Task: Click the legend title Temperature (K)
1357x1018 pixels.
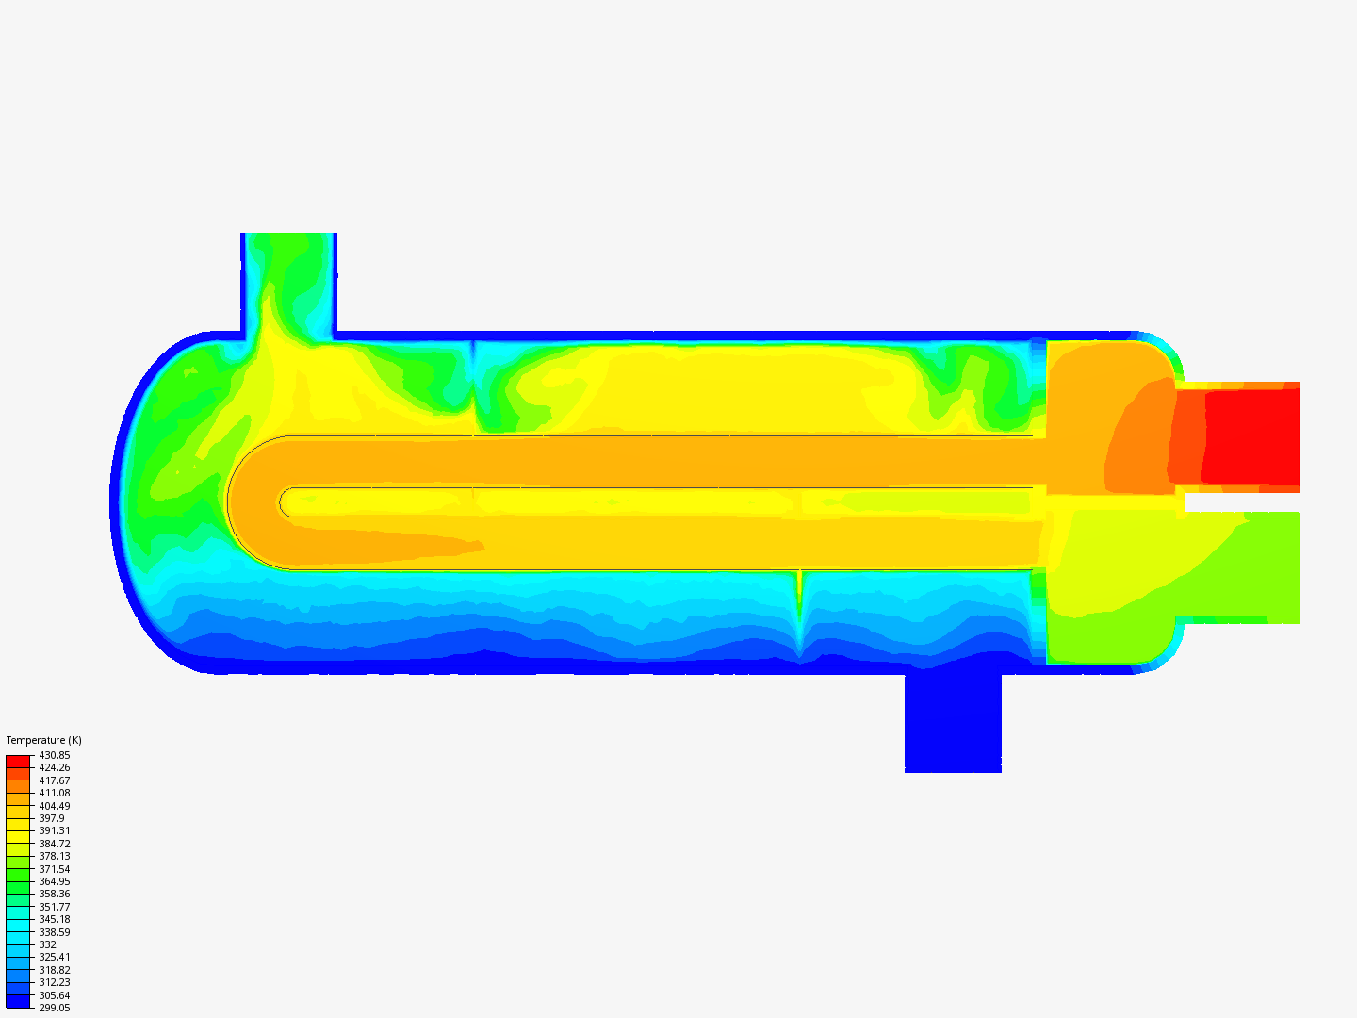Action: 44,740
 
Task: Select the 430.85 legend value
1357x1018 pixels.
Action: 55,755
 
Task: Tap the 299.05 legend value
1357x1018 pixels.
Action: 55,1009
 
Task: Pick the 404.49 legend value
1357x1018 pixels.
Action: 55,806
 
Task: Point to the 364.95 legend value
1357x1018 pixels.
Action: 55,881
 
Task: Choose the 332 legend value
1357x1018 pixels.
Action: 48,944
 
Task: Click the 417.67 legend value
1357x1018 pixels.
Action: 55,780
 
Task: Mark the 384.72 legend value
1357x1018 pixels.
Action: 55,844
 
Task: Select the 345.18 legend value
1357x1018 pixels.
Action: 55,919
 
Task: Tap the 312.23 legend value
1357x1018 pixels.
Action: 55,982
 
